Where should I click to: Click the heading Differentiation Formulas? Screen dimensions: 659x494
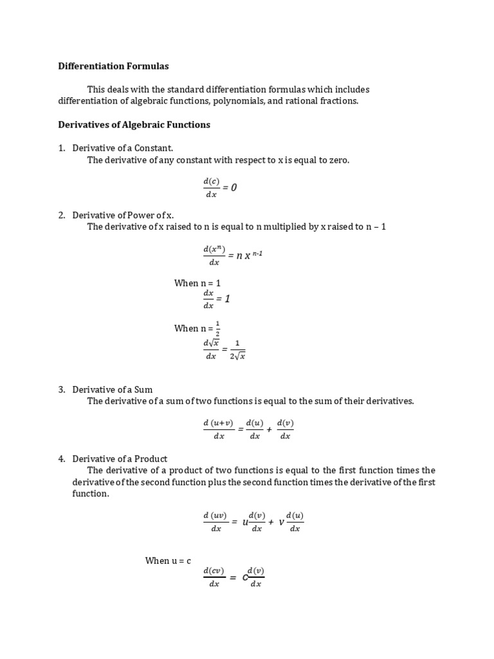[x=113, y=66]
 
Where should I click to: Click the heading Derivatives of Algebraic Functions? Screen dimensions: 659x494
[x=134, y=124]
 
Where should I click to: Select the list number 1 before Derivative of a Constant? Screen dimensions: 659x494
[x=62, y=148]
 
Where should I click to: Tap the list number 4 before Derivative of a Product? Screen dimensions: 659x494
[x=62, y=459]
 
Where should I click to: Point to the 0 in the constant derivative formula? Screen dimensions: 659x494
[x=234, y=187]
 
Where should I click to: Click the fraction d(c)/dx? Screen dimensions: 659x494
[x=211, y=188]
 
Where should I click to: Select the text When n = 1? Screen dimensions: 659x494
[x=197, y=283]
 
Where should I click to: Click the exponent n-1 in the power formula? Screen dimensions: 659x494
[x=257, y=254]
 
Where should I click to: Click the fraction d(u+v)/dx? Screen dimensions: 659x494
[x=218, y=429]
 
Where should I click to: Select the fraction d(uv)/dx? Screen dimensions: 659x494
[x=215, y=522]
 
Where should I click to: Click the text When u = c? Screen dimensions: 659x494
[x=168, y=561]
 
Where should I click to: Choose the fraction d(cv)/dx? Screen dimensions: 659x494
[x=214, y=577]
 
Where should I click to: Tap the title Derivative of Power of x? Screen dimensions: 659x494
[x=123, y=215]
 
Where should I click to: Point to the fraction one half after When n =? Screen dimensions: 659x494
[x=217, y=328]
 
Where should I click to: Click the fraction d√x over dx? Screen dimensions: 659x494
[x=211, y=350]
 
